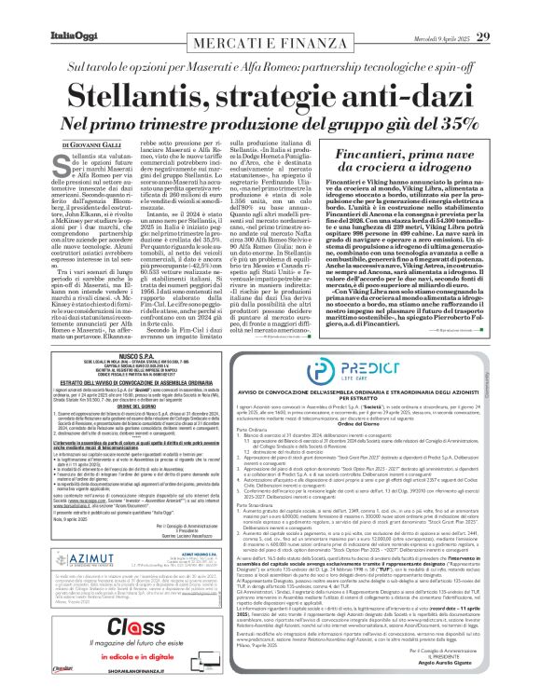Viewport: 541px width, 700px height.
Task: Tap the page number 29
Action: (x=509, y=11)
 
